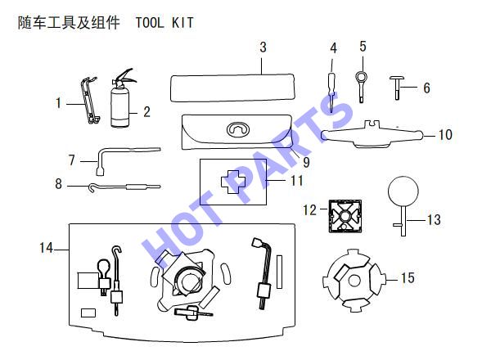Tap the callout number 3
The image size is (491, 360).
[x=263, y=47]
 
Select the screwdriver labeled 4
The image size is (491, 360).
[x=332, y=92]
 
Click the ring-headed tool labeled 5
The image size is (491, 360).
[x=361, y=86]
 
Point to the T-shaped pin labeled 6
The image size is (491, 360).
[x=397, y=88]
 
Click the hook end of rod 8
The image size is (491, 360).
[x=92, y=187]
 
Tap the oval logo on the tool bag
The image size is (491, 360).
[x=238, y=129]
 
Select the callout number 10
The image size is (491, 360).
[x=445, y=135]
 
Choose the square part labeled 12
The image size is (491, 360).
[x=345, y=216]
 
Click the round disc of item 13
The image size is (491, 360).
[x=403, y=191]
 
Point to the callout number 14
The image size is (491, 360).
[x=46, y=248]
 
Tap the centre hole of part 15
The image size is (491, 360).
[x=354, y=281]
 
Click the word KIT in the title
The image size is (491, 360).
[x=182, y=23]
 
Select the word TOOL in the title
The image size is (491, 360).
[x=150, y=23]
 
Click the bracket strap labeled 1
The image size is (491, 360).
[x=89, y=100]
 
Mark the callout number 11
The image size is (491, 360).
[x=296, y=181]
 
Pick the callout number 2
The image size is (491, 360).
[x=146, y=112]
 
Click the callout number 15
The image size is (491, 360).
[x=408, y=277]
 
